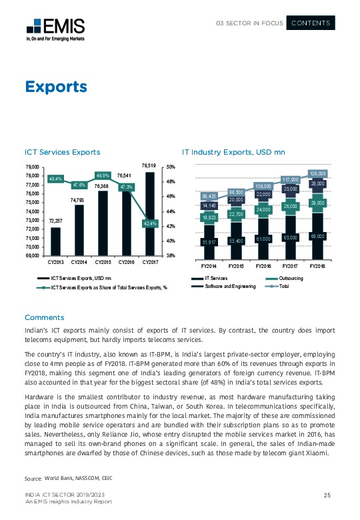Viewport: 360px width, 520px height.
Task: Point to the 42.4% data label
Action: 149,223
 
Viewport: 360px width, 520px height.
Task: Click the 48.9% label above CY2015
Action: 102,175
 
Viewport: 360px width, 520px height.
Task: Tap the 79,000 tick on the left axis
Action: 32,167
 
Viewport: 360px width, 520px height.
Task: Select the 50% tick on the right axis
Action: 171,167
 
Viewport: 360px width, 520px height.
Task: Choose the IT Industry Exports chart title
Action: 233,153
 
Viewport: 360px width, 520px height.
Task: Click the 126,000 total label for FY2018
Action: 317,173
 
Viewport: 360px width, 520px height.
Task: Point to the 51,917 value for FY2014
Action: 210,242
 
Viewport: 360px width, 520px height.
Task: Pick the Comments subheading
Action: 44,317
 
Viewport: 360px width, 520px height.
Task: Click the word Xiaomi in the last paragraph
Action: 317,453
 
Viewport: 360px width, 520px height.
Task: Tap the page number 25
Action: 327,494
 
